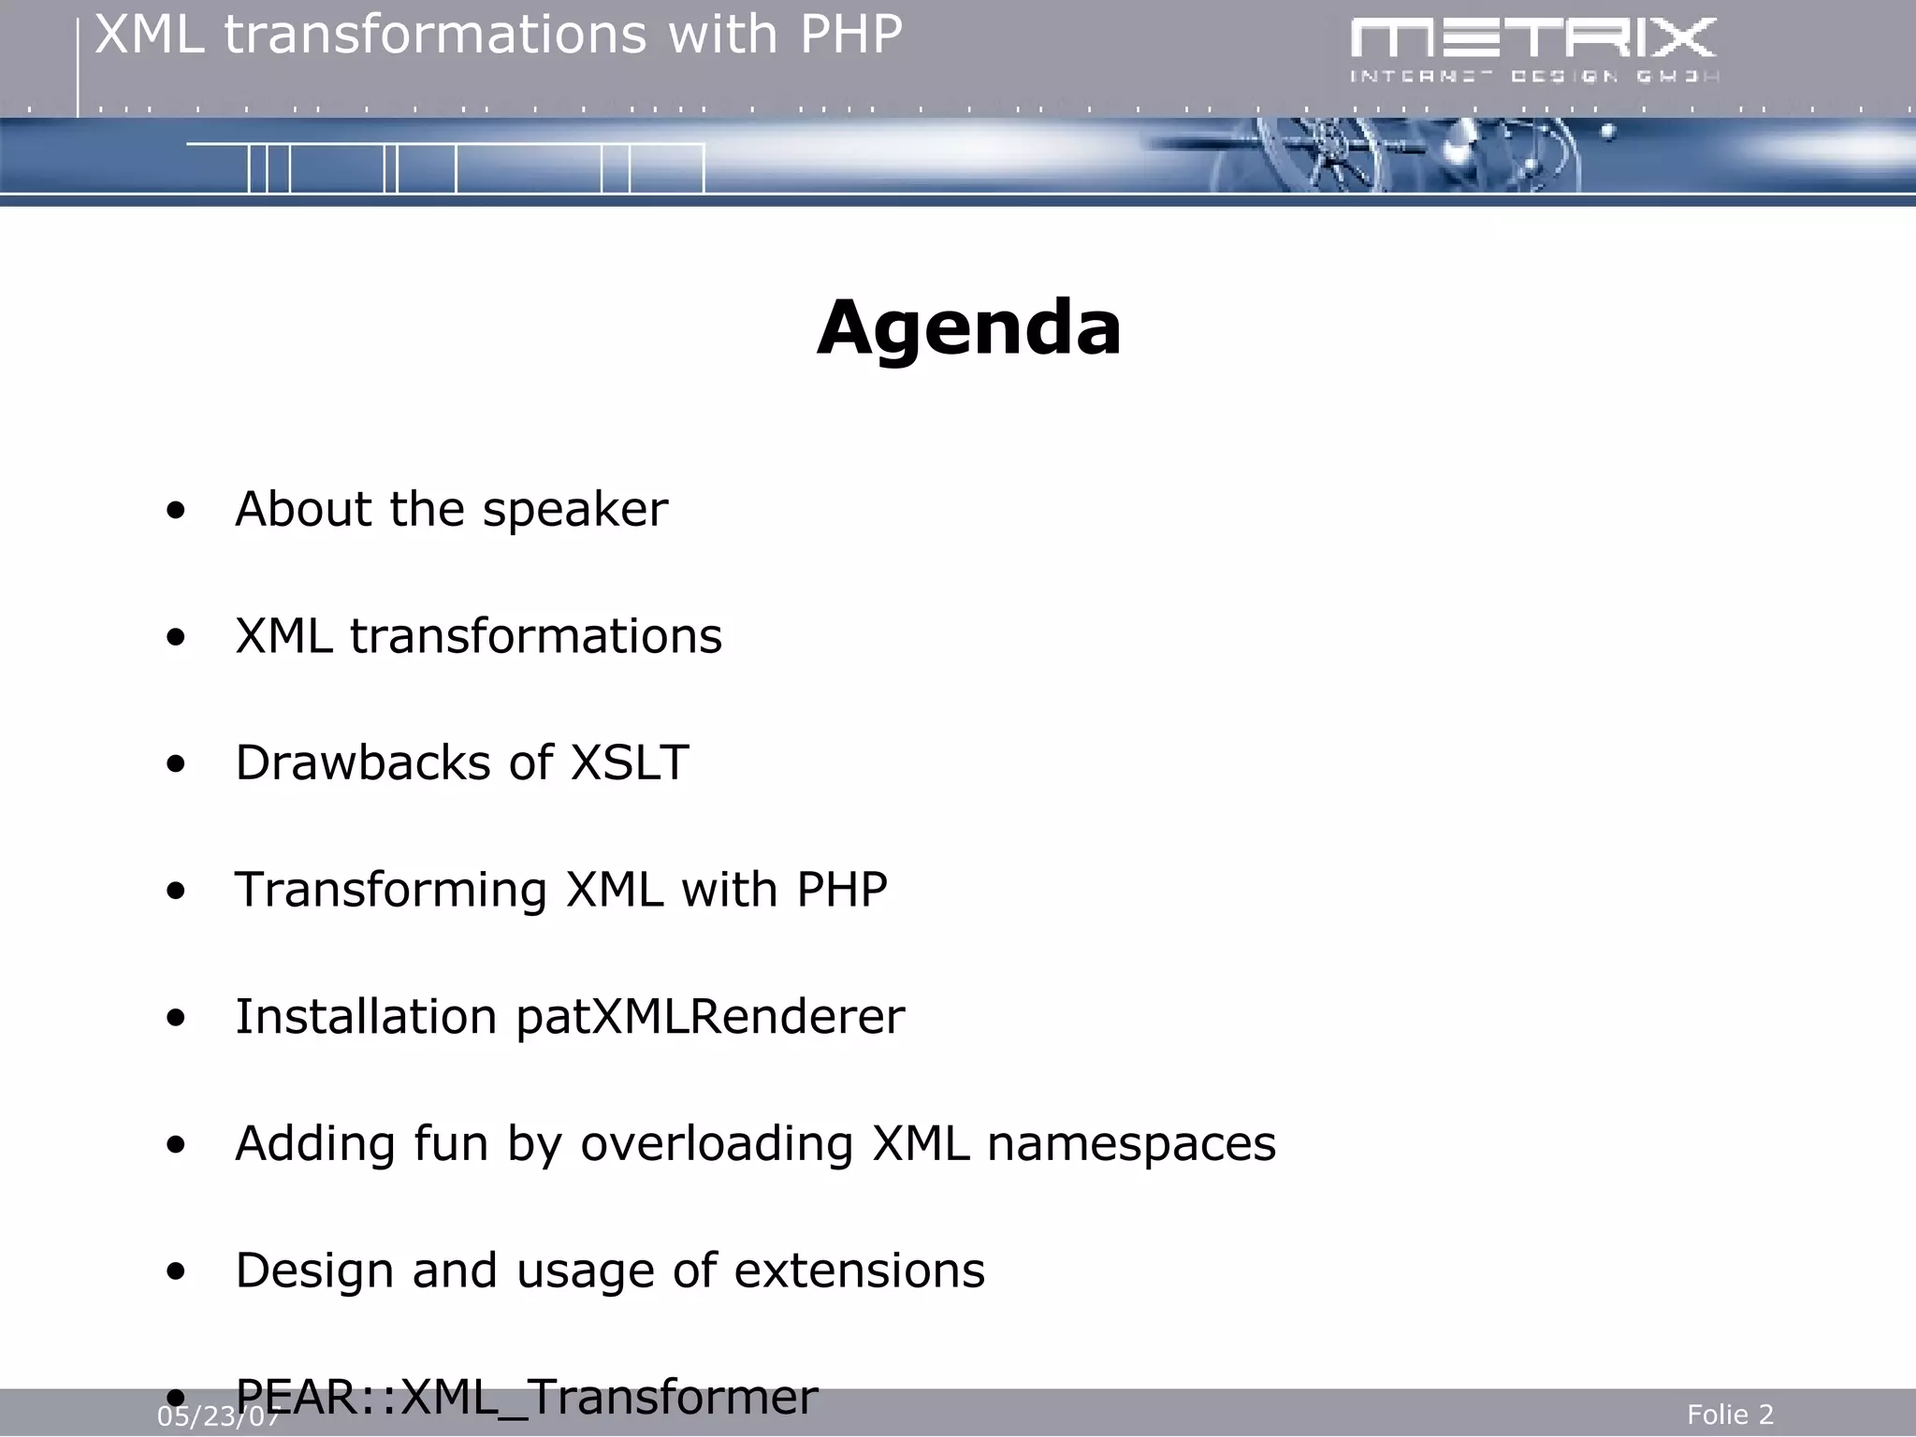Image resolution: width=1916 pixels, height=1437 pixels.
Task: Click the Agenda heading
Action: coord(968,328)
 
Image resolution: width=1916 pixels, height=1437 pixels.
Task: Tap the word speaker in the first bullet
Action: coord(574,510)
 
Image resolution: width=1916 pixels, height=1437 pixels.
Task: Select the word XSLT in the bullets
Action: coord(630,762)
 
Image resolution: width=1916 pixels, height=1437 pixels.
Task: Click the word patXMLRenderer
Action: coord(710,1017)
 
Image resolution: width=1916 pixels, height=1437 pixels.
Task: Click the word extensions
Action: coord(859,1270)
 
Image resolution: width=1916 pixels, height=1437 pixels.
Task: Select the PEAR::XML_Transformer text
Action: coord(526,1397)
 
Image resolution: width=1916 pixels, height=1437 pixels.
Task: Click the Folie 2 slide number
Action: coord(1730,1415)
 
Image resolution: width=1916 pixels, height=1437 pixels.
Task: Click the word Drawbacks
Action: coord(362,762)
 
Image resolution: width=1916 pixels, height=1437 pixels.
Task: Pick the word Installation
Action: coord(366,1017)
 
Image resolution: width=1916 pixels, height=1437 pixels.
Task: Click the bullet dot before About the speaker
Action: coord(175,512)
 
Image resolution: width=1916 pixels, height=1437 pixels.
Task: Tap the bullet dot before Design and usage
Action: coord(175,1272)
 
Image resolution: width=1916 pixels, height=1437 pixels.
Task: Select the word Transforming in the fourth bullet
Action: coord(390,890)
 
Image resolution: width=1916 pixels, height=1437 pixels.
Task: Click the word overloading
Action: coord(717,1143)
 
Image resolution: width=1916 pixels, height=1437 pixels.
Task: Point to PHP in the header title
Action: coord(850,36)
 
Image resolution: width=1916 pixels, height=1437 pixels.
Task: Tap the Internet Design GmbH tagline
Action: coord(1532,76)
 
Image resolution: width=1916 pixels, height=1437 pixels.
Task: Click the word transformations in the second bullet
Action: coord(535,636)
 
